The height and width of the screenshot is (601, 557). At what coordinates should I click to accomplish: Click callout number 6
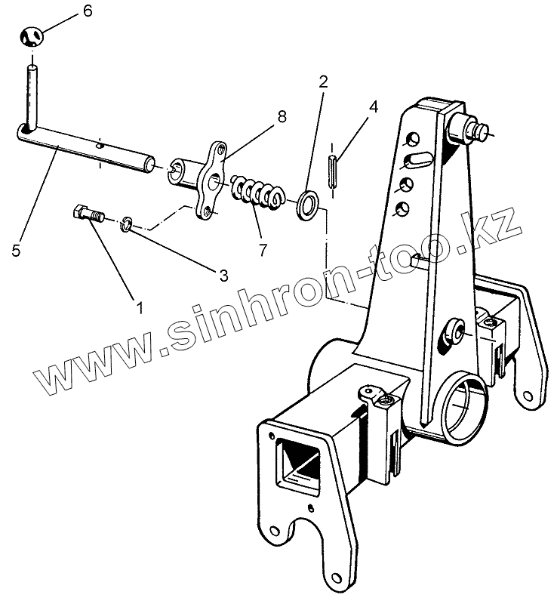pos(88,11)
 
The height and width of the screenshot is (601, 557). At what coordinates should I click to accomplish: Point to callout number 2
pos(323,82)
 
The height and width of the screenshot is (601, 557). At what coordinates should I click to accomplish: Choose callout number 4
pos(373,107)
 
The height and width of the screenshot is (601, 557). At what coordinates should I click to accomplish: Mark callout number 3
pos(223,276)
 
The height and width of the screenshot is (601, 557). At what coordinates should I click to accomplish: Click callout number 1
pos(138,308)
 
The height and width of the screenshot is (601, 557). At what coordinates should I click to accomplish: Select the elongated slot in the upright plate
pos(417,159)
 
